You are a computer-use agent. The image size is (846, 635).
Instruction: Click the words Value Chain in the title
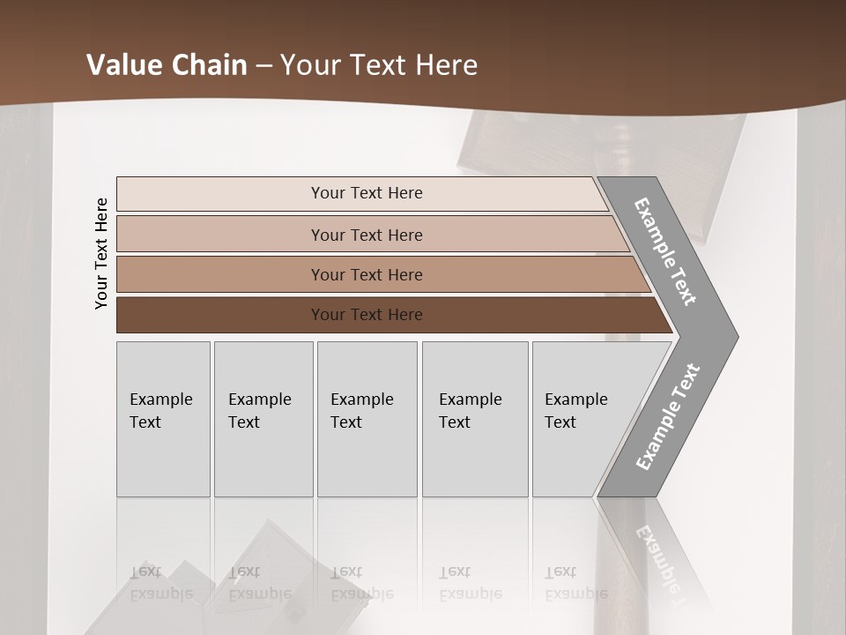point(167,65)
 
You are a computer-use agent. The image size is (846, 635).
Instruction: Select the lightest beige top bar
point(220,193)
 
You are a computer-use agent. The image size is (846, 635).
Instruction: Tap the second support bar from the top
point(220,235)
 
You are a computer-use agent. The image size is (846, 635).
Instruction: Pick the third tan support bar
point(220,274)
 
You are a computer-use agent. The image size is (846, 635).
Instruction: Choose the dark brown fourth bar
point(220,315)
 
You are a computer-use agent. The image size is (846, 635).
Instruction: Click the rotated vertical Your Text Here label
point(101,254)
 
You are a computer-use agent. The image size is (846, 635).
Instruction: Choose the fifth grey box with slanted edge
point(582,459)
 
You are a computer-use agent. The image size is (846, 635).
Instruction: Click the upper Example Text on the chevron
point(665,251)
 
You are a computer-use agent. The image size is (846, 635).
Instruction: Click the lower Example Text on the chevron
point(667,416)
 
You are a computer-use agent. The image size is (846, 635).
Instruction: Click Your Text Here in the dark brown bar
point(367,315)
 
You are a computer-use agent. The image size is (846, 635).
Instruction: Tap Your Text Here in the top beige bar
point(367,193)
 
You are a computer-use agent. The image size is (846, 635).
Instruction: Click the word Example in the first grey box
point(160,400)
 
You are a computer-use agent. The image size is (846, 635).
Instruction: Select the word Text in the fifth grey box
point(560,422)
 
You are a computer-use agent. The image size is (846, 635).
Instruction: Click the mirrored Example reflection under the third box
point(361,594)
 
